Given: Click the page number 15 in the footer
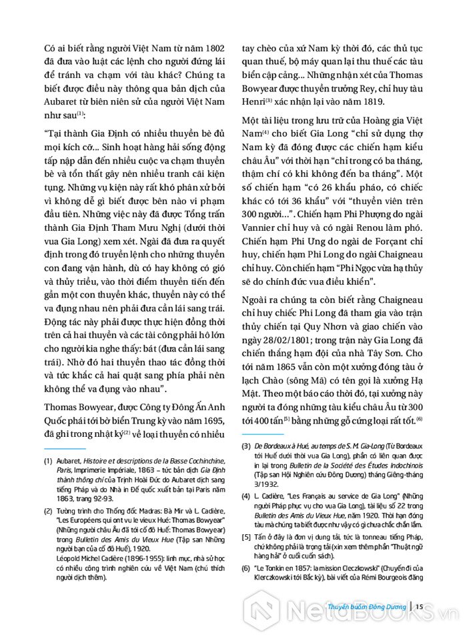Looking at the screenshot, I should [420, 606].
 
